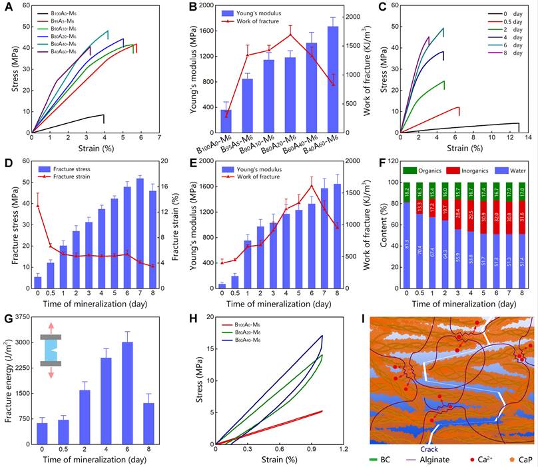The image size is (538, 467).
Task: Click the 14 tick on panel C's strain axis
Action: [x=528, y=137]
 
